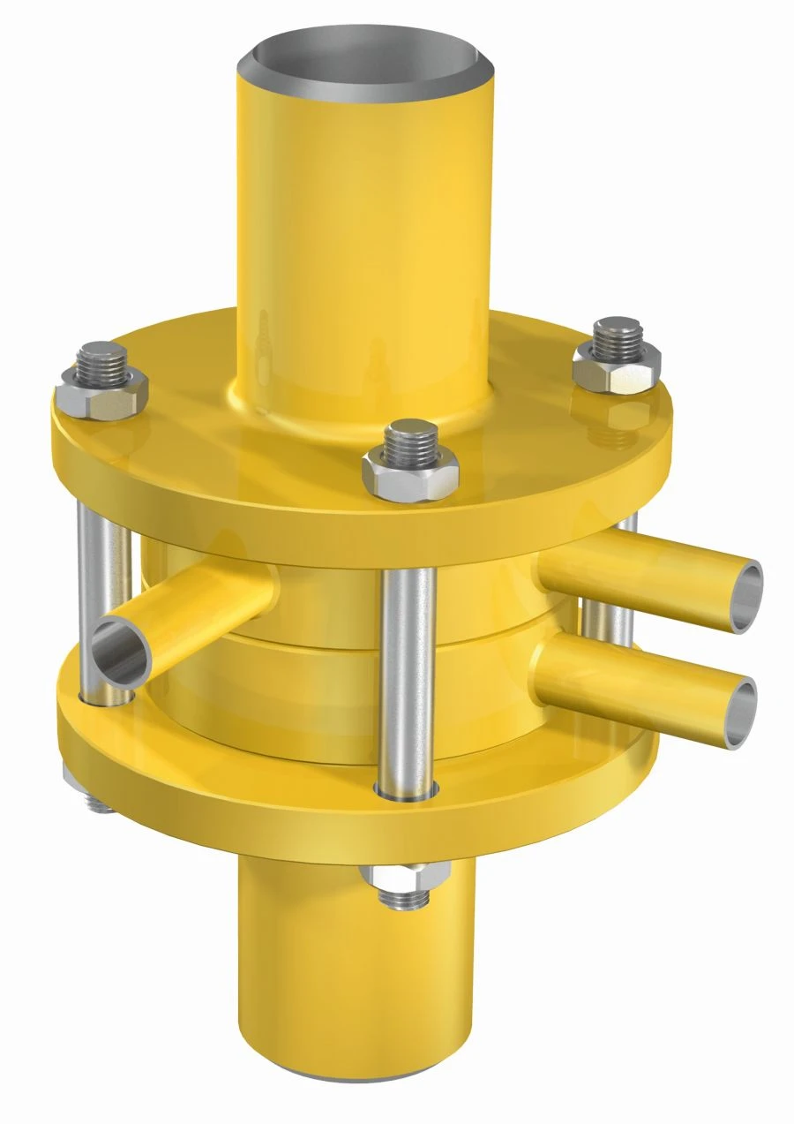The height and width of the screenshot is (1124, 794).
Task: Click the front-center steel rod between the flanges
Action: pyautogui.click(x=407, y=671)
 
